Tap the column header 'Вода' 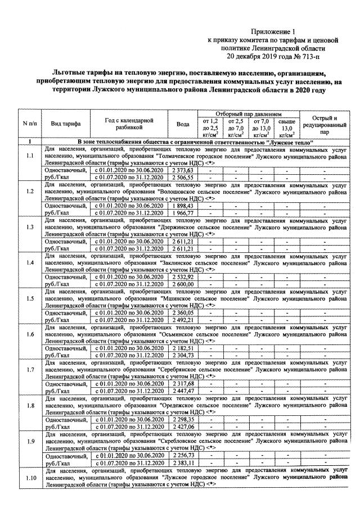(x=182, y=124)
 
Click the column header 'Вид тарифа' (x=66, y=124)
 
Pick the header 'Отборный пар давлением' (x=248, y=114)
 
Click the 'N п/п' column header (x=30, y=124)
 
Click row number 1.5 (x=30, y=298)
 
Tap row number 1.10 (x=30, y=478)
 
